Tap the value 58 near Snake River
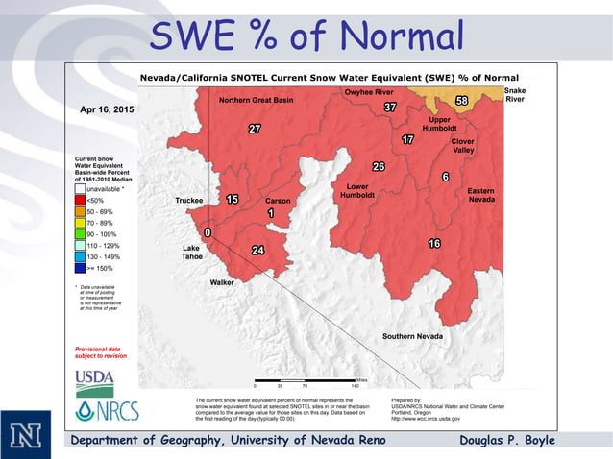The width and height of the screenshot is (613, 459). point(461,101)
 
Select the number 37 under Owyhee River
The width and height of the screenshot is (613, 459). point(389,107)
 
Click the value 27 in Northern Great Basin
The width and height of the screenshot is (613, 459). point(255,129)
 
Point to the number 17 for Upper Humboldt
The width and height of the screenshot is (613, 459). point(407,140)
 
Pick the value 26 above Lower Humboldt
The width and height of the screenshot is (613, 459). point(379,167)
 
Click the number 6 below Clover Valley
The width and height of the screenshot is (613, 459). point(445,177)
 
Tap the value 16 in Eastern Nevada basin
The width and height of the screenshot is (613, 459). point(434,244)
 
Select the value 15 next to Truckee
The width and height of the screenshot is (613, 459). point(232,200)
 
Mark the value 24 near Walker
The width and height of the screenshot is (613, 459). point(257,251)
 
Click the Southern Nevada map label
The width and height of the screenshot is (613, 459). point(412,336)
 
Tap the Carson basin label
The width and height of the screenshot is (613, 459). point(278,201)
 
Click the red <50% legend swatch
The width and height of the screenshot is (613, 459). point(80,200)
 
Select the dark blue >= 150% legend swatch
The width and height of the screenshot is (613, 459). point(80,269)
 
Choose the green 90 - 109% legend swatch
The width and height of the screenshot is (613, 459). point(80,234)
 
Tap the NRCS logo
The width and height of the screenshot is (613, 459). point(107,410)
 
